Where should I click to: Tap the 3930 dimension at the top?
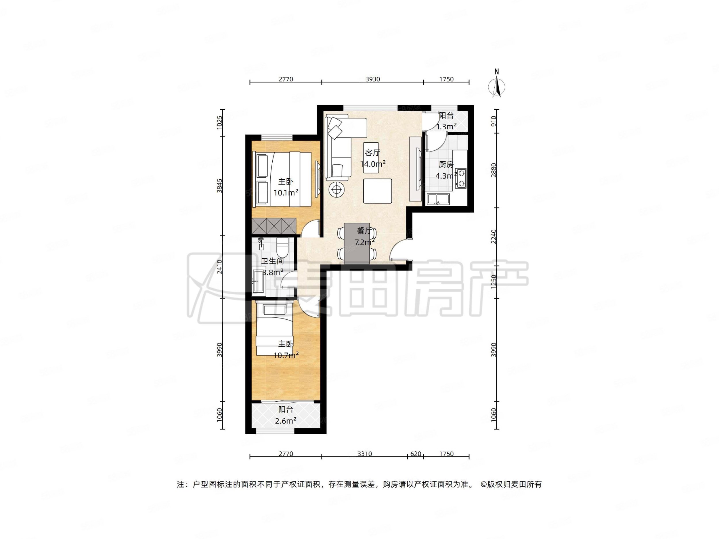pyautogui.click(x=372, y=79)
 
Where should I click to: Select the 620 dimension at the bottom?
pyautogui.click(x=416, y=454)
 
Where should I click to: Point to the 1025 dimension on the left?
pyautogui.click(x=220, y=122)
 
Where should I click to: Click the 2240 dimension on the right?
pyautogui.click(x=494, y=237)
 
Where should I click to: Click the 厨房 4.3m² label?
pyautogui.click(x=446, y=170)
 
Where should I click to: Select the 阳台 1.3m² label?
pyautogui.click(x=446, y=121)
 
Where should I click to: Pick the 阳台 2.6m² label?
pyautogui.click(x=285, y=415)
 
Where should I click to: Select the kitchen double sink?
pyautogui.click(x=438, y=199)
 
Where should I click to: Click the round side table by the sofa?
pyautogui.click(x=337, y=189)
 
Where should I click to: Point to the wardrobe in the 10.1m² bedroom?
pyautogui.click(x=274, y=226)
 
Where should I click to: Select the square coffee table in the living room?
pyautogui.click(x=377, y=191)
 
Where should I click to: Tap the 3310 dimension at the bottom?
pyautogui.click(x=364, y=454)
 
